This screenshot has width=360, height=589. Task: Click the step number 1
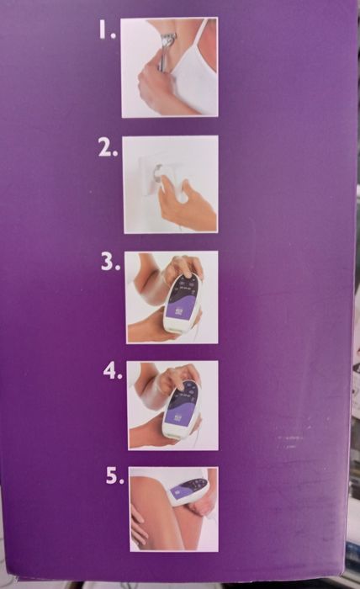coord(107,29)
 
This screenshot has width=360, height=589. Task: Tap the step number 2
coord(108,149)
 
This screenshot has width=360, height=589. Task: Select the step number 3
coord(110,262)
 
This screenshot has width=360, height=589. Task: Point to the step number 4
coord(113,371)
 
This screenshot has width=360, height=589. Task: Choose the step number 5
coord(114,475)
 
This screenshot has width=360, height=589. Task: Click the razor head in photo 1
coord(168,39)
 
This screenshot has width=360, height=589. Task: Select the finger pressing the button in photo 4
coord(182,387)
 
